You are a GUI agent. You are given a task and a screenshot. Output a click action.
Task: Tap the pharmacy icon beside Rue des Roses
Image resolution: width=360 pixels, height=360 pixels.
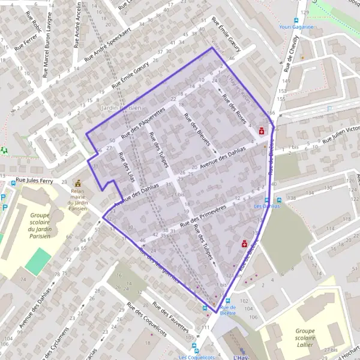coord(262,130)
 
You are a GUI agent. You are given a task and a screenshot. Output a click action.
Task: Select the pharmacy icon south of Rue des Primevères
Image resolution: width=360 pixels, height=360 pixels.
coord(245,244)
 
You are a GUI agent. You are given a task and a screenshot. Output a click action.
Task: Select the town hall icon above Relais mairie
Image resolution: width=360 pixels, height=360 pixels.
coord(77,183)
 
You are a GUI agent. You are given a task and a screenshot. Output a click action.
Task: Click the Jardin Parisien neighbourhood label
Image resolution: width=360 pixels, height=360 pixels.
coord(122,107)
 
